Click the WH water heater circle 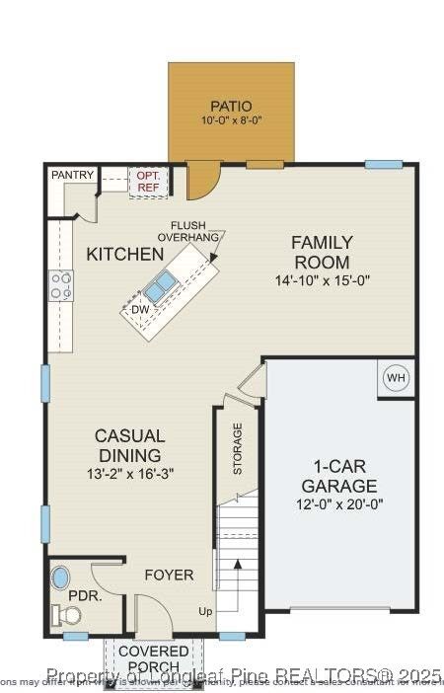click(x=396, y=379)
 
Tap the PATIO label click(x=231, y=106)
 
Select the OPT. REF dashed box click(x=148, y=181)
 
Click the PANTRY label click(x=72, y=176)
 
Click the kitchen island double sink click(x=160, y=287)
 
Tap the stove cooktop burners click(x=61, y=285)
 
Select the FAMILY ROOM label click(x=321, y=252)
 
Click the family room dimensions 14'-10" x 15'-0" click(x=322, y=280)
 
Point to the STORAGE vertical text click(x=238, y=448)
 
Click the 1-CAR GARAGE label click(x=338, y=476)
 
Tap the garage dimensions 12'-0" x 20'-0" click(x=338, y=503)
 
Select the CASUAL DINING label click(x=129, y=445)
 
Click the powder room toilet click(x=67, y=615)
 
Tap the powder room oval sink click(x=61, y=577)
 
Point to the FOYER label click(x=169, y=575)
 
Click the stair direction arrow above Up click(x=236, y=582)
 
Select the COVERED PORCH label click(x=154, y=659)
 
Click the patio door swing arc click(x=202, y=181)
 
